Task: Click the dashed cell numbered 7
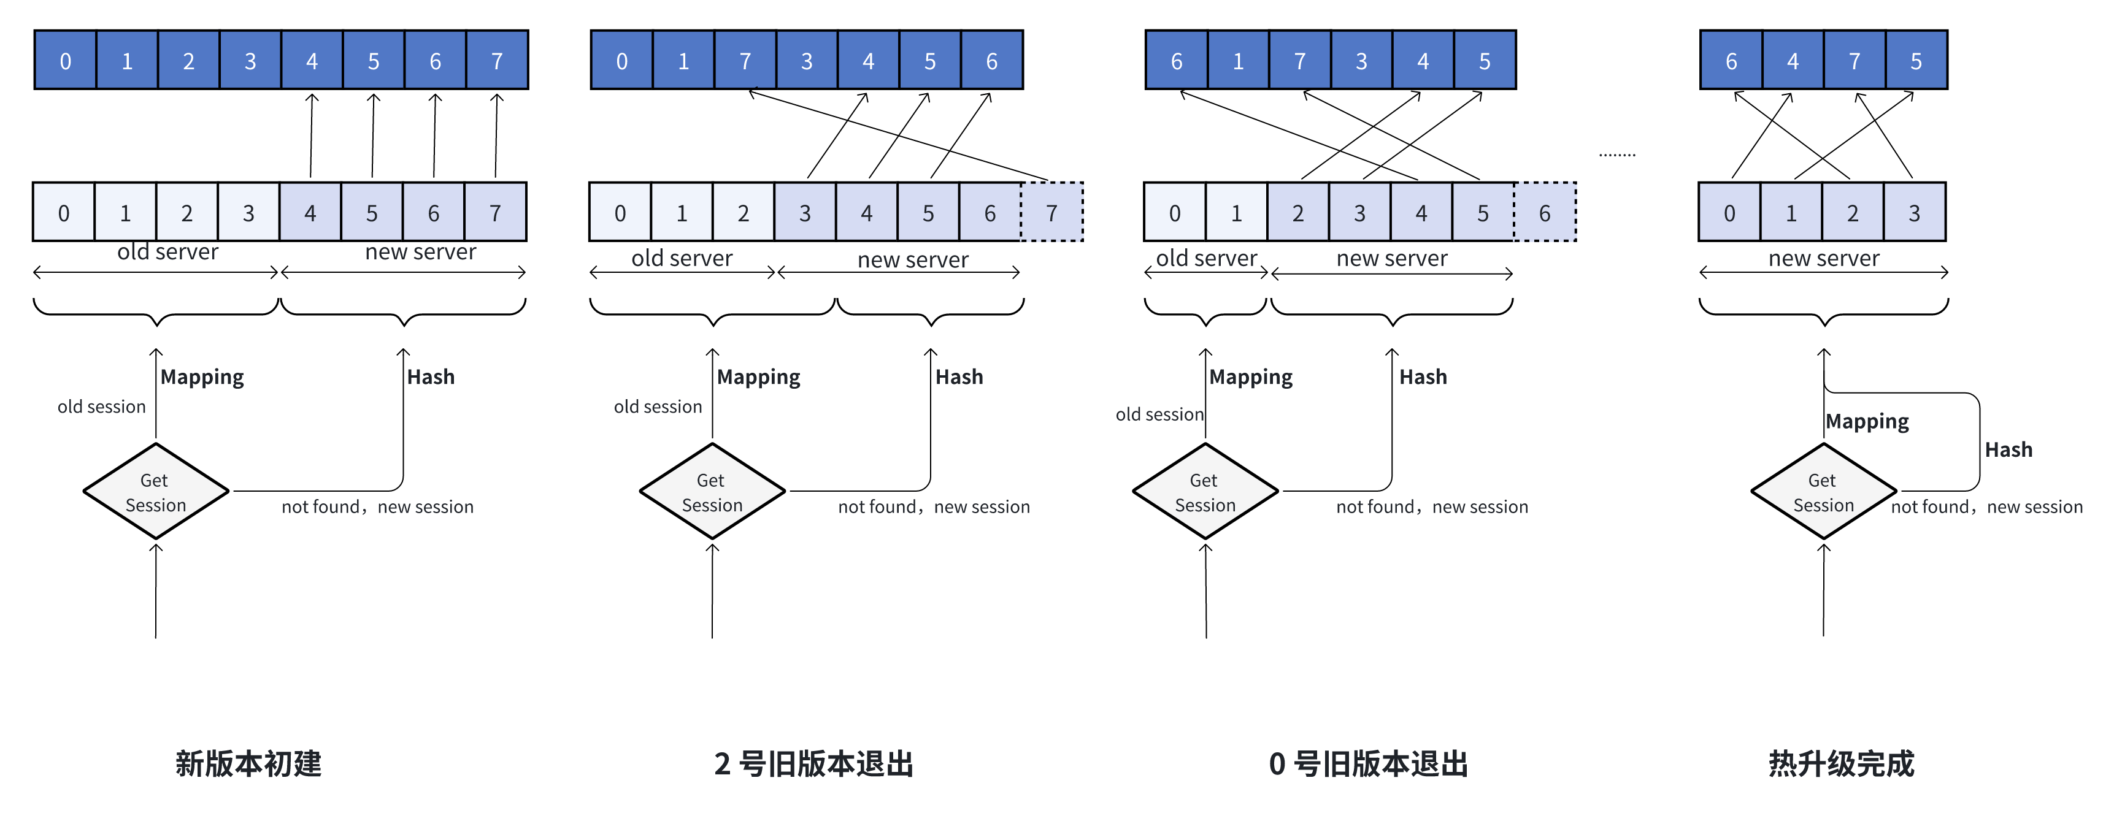pos(1052,213)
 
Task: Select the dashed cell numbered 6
pos(1545,213)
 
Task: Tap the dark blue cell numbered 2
pos(189,61)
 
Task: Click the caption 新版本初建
pos(248,763)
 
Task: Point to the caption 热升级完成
pos(1841,763)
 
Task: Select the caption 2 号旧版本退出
pos(814,763)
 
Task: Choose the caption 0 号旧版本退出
pos(1368,763)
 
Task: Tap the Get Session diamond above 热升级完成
pos(1823,491)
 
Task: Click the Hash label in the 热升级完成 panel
pos(2008,449)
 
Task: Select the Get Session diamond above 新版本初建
pos(156,491)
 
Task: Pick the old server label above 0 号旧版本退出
pos(1206,258)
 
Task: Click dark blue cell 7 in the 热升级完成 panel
pos(1855,61)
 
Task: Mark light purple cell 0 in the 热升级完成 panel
pos(1730,213)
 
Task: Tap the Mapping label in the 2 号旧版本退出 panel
pos(758,376)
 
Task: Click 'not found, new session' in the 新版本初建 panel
pos(377,507)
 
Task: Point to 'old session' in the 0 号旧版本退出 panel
pos(1159,414)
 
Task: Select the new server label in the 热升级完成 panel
pos(1823,258)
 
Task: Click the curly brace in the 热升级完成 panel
pos(1823,311)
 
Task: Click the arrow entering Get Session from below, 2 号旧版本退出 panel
pos(712,590)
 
